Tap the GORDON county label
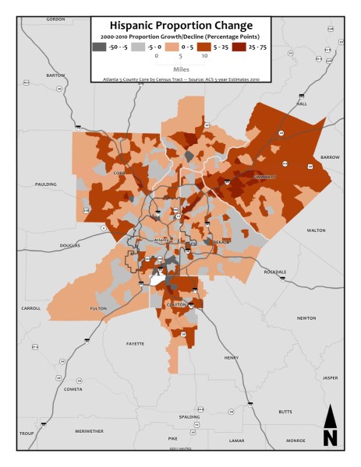pyautogui.click(x=55, y=18)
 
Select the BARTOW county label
pyautogui.click(x=56, y=75)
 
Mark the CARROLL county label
pyautogui.click(x=30, y=308)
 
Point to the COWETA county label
pyautogui.click(x=73, y=389)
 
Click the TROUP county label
pyautogui.click(x=27, y=433)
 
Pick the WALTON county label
pyautogui.click(x=316, y=230)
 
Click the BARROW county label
pyautogui.click(x=330, y=156)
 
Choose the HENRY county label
pyautogui.click(x=232, y=357)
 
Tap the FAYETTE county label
pyautogui.click(x=136, y=343)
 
